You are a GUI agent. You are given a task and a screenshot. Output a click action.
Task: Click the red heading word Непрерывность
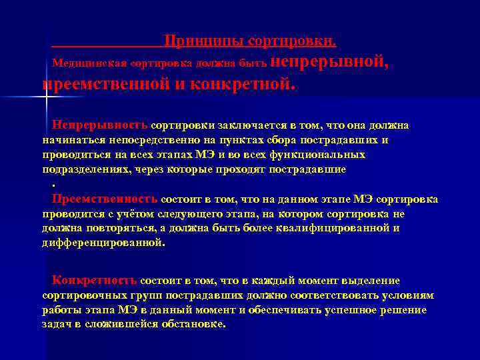[x=101, y=125]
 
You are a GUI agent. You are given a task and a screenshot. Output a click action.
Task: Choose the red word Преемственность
[x=105, y=199]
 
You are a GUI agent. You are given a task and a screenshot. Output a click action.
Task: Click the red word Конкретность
[x=95, y=280]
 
